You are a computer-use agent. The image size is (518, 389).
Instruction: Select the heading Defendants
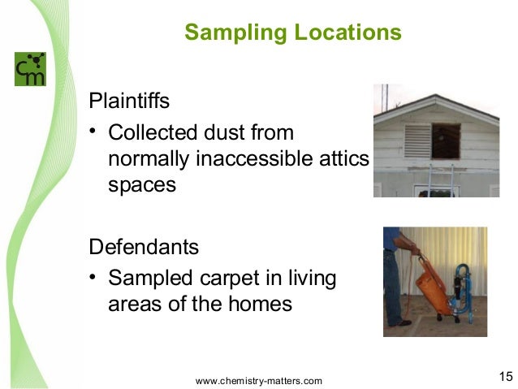pos(143,245)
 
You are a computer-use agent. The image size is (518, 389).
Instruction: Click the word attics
pos(347,158)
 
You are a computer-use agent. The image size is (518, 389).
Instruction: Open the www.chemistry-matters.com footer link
pos(259,380)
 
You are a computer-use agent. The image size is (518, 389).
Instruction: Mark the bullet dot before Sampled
pos(94,279)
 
